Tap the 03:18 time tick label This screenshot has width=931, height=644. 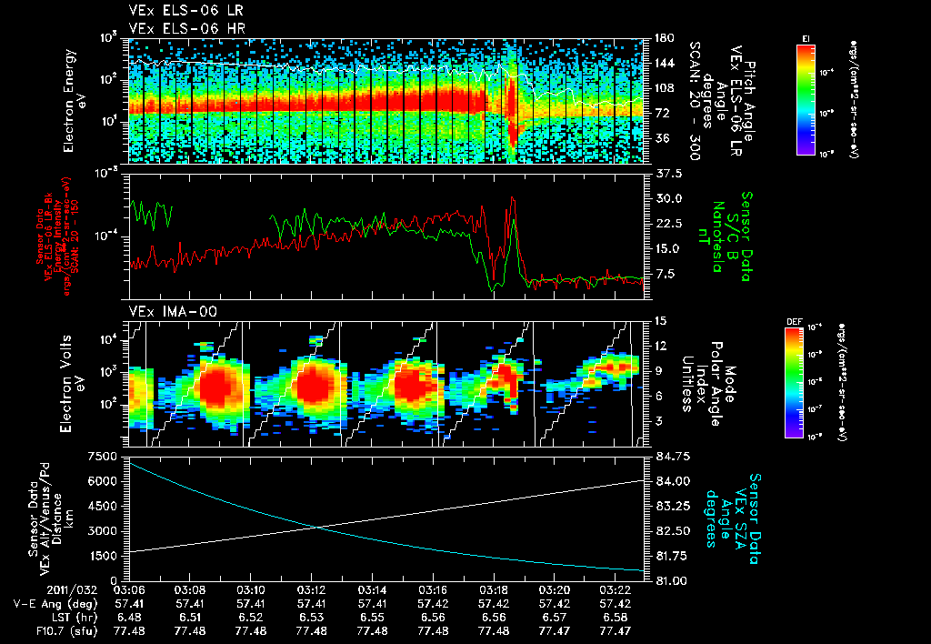(x=494, y=589)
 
